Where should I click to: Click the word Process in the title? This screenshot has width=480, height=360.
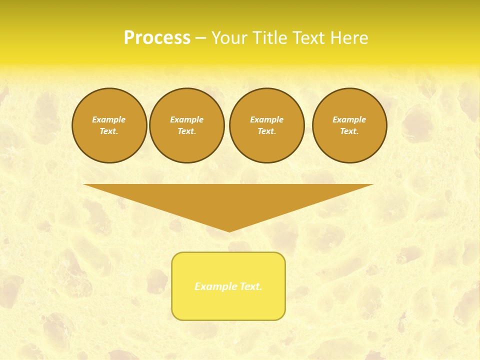[157, 38]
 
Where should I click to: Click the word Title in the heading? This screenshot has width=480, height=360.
[269, 38]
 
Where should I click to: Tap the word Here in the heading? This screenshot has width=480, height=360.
[347, 38]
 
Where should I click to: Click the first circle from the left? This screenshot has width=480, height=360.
[109, 125]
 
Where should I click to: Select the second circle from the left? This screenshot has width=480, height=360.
[186, 125]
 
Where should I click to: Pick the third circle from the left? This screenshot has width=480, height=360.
[266, 125]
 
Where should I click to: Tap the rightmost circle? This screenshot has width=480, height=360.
[349, 125]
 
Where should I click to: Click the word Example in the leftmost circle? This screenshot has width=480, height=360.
[109, 119]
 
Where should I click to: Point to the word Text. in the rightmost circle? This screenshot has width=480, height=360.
[349, 131]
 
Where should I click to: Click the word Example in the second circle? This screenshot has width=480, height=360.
[186, 119]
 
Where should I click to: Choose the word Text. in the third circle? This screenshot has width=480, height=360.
[266, 131]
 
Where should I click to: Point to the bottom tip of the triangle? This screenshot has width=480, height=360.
[229, 231]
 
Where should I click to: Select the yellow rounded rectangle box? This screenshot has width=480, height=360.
[228, 305]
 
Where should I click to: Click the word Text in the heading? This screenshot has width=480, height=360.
[307, 38]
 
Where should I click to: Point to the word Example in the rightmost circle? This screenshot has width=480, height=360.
[349, 119]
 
